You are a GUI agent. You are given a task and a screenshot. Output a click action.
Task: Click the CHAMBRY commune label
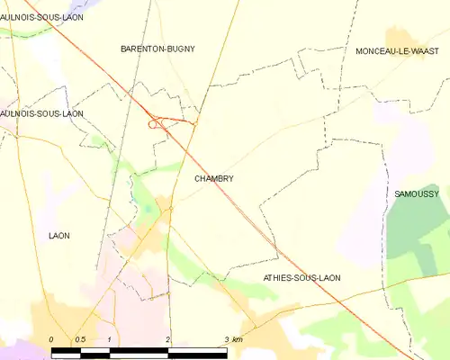click(x=213, y=178)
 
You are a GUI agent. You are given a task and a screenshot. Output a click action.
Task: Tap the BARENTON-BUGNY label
click(x=157, y=49)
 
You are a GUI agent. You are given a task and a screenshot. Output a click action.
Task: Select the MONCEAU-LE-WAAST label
click(x=396, y=51)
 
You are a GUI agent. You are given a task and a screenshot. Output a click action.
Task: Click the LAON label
click(x=58, y=236)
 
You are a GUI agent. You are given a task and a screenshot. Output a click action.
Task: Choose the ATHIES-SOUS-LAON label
click(x=301, y=278)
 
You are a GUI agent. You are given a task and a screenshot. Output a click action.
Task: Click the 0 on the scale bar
click(x=51, y=339)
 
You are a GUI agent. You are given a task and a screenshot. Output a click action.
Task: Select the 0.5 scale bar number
click(x=80, y=339)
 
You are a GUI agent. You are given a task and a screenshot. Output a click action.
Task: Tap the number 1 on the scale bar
click(x=109, y=339)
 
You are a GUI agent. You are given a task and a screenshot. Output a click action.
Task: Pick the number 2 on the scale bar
click(x=167, y=339)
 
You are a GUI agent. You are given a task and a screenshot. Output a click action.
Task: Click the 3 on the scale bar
click(x=225, y=339)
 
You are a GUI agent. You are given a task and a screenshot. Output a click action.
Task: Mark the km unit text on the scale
click(x=237, y=339)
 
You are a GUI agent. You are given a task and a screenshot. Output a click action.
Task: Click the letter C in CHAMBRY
click(x=197, y=178)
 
